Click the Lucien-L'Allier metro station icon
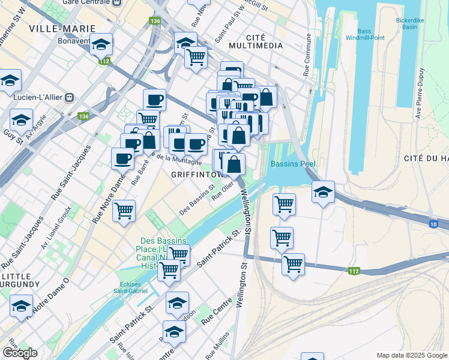point(70,96)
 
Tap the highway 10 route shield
point(433,224)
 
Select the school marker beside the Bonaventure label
point(102,46)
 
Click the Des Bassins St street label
point(197,200)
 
